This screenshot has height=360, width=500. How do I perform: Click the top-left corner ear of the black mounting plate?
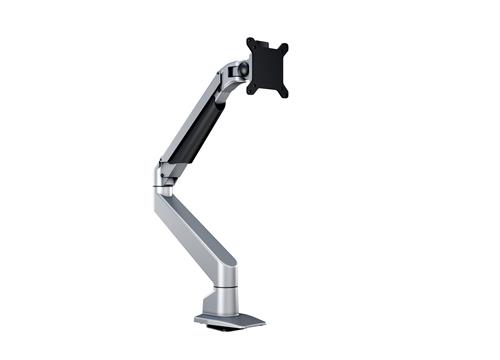pos(252,43)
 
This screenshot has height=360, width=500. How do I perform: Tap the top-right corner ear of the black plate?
pos(284,48)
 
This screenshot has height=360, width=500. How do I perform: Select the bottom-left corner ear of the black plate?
pos(250,87)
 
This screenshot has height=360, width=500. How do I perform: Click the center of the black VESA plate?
pos(267,68)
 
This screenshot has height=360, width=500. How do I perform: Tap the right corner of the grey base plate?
pos(265,321)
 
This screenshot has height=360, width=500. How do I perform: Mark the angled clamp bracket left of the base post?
pos(204,306)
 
